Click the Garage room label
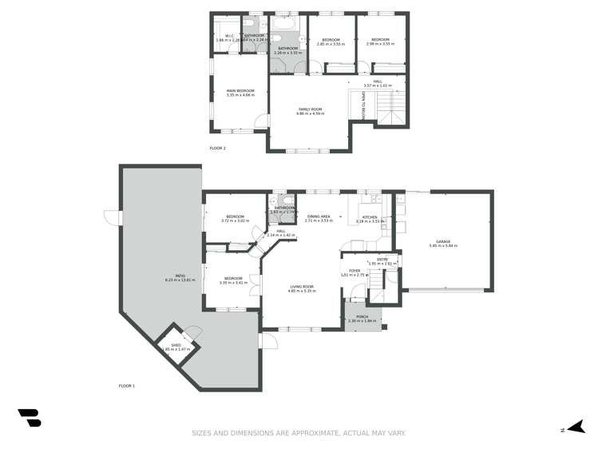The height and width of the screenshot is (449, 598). (x=443, y=243)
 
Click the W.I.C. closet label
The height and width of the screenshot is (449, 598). (x=228, y=37)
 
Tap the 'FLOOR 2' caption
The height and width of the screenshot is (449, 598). (x=217, y=148)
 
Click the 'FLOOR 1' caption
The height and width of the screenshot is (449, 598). (x=127, y=386)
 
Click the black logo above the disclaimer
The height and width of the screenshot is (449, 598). (x=30, y=417)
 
